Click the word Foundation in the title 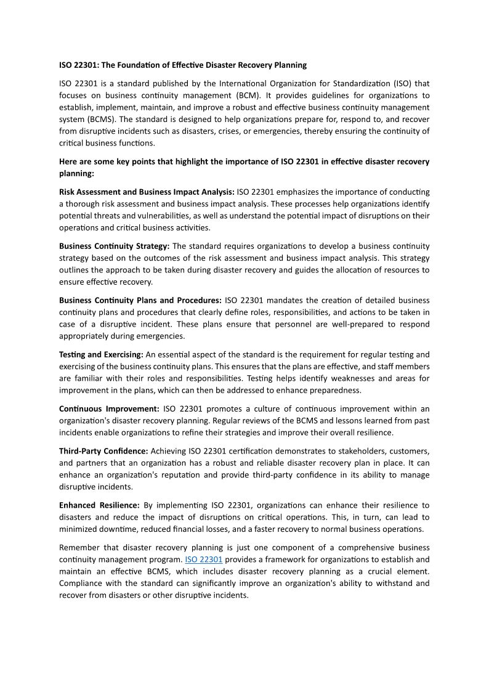[140, 65]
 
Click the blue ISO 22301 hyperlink [203, 560]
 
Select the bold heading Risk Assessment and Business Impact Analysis [147, 192]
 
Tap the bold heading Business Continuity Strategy [114, 246]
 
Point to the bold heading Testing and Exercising [101, 354]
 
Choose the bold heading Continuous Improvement [109, 409]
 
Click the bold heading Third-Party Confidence [103, 451]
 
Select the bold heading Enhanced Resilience [99, 505]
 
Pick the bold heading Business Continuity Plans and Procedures [140, 300]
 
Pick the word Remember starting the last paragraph [80, 547]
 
